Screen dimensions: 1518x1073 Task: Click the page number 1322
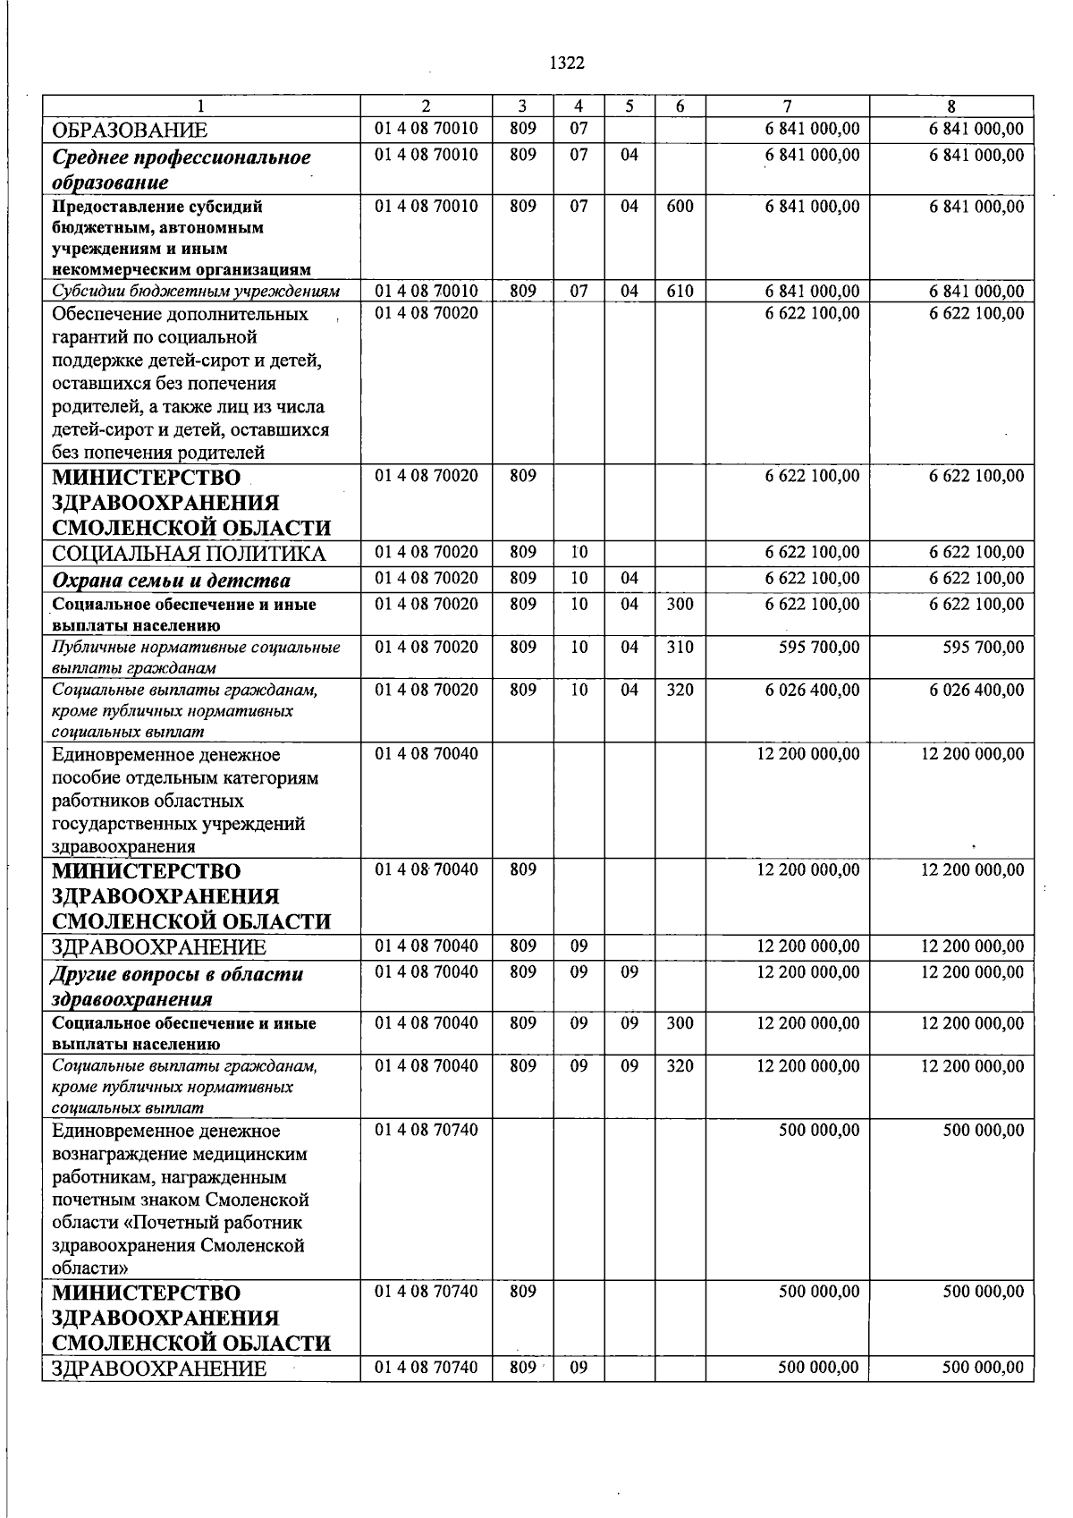[x=566, y=63]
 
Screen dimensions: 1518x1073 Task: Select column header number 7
[x=787, y=106]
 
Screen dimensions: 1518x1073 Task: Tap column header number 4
[x=579, y=106]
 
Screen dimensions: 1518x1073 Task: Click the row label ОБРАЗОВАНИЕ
[x=130, y=130]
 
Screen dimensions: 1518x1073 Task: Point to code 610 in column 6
[x=680, y=291]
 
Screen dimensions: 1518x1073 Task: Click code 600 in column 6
[x=680, y=206]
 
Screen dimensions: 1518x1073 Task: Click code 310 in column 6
[x=680, y=647]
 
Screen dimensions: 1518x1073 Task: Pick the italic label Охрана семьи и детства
[x=170, y=580]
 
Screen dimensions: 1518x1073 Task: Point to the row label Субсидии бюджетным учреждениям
[x=196, y=292]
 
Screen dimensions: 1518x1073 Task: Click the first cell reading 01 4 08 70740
[x=427, y=1130]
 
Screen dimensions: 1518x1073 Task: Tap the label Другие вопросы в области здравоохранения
[x=177, y=986]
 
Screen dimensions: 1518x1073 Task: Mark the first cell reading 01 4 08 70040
[x=427, y=754]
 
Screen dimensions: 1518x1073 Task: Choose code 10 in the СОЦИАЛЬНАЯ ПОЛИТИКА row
[x=579, y=552]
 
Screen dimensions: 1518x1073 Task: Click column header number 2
[x=427, y=106]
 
